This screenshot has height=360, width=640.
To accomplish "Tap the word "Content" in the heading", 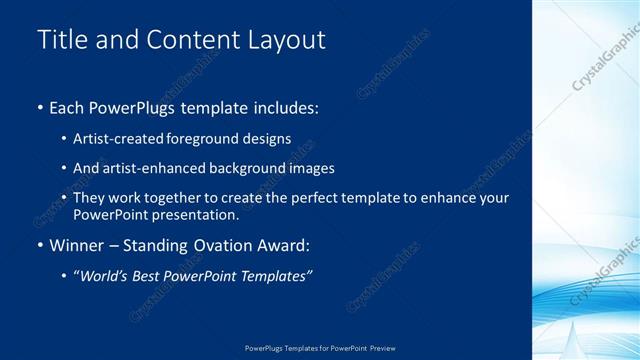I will pos(193,40).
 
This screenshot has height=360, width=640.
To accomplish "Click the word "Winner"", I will pos(77,245).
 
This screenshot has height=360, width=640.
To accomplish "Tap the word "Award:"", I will pos(286,245).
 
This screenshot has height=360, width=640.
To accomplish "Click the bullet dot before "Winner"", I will pos(40,246).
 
